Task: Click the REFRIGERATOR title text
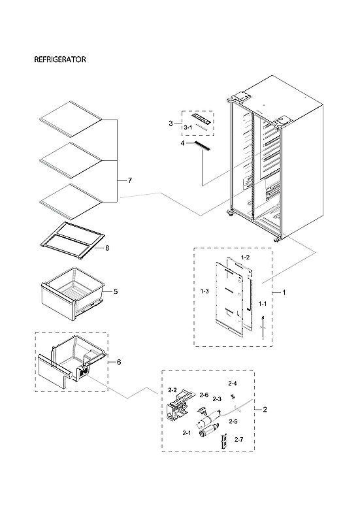(59, 59)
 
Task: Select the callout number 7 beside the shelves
(129, 180)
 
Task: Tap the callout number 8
(108, 248)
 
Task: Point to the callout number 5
(115, 291)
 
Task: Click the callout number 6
(118, 361)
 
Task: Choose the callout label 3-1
(188, 126)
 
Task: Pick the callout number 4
(184, 142)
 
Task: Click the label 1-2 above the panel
(245, 258)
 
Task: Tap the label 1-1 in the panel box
(262, 304)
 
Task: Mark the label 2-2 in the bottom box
(172, 390)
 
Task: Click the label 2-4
(232, 383)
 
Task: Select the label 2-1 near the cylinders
(186, 433)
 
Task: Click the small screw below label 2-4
(232, 397)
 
